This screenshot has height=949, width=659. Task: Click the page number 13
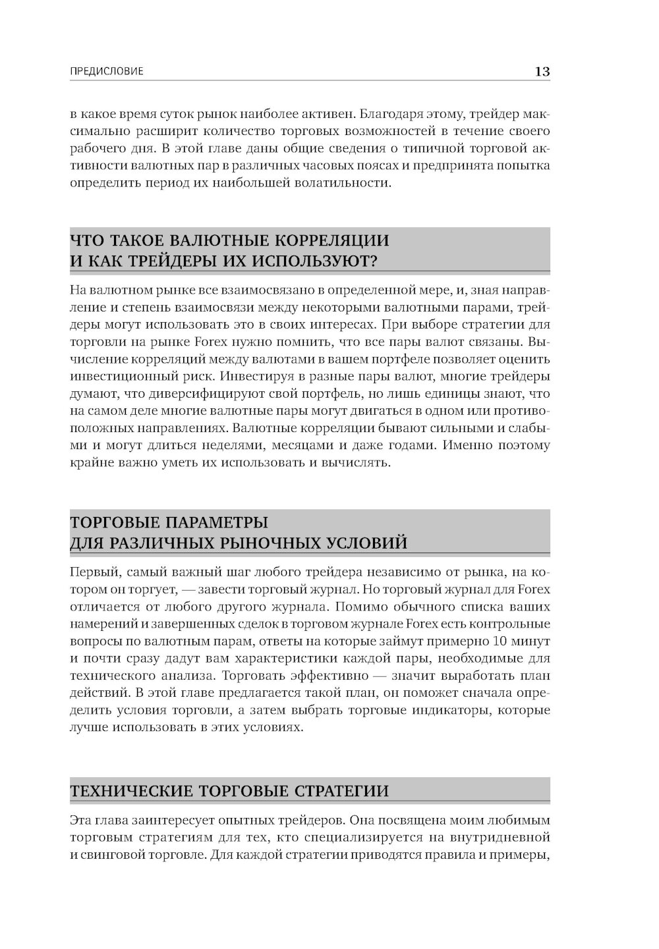tap(542, 72)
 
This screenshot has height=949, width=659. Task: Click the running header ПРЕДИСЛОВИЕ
tap(106, 72)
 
